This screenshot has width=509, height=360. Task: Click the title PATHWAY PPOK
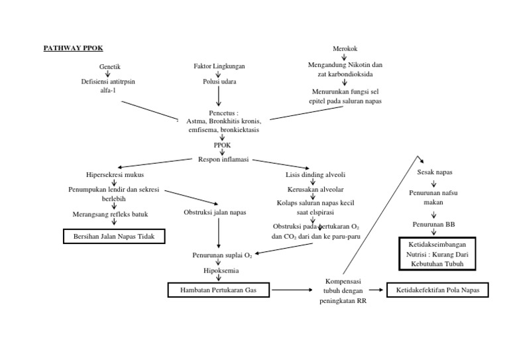[x=73, y=48]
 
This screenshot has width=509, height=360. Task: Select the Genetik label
[x=109, y=67]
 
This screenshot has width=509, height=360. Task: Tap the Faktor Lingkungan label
[x=218, y=67]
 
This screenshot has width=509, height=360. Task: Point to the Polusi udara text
[x=219, y=82]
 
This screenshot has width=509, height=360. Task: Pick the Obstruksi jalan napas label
[x=215, y=212]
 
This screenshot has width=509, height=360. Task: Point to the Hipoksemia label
[x=221, y=270]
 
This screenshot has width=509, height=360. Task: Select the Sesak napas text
[x=434, y=172]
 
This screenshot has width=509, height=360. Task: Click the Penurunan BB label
[x=434, y=225]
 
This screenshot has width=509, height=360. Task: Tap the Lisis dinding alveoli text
[x=313, y=175]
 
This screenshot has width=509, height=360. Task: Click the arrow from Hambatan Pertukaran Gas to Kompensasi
[x=291, y=290]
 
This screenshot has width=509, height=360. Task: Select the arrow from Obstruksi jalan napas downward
[x=219, y=233]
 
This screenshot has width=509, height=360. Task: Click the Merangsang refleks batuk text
[x=110, y=214]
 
